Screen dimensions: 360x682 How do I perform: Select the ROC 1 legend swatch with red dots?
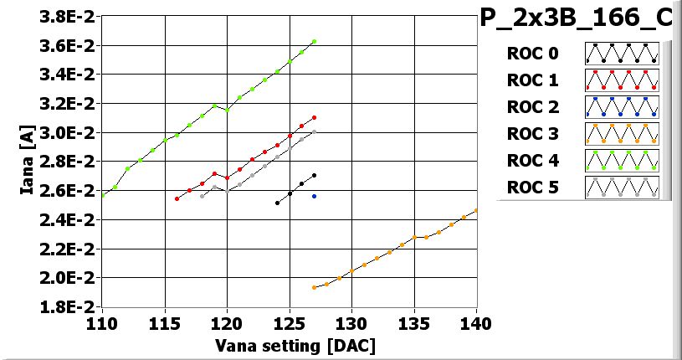(x=622, y=80)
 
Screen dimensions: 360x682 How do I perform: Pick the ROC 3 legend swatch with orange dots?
(x=622, y=134)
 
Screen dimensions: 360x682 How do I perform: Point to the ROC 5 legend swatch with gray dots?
(x=622, y=188)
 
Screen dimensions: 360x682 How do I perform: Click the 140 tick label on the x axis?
(x=475, y=322)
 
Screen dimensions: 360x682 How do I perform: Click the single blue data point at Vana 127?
(x=314, y=196)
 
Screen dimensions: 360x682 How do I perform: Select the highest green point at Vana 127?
(x=314, y=41)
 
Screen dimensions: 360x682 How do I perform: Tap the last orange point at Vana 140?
(x=476, y=210)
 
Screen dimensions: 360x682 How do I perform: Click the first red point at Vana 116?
(x=177, y=198)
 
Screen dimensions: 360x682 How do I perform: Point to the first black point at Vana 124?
(x=277, y=203)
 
